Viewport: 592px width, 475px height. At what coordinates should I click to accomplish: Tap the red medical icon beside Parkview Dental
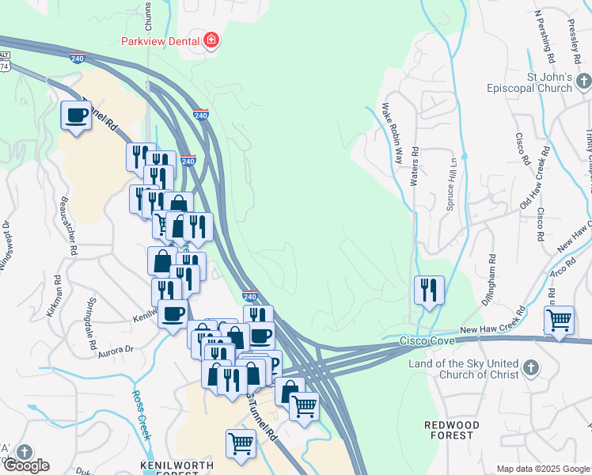211,40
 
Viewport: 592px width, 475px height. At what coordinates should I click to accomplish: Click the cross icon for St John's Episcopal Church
583,82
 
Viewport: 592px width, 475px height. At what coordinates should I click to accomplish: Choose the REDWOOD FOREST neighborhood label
452,431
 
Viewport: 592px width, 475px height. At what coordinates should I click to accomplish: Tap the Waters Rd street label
414,165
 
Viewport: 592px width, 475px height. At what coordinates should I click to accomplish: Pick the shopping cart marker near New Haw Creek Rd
559,321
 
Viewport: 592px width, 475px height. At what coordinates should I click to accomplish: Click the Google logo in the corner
25,465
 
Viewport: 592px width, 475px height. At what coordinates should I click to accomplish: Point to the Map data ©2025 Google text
543,469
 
